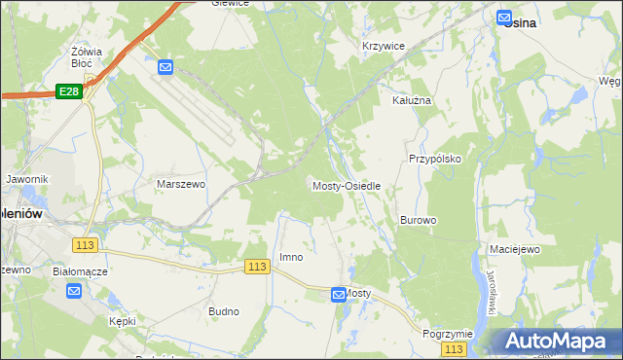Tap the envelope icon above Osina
(x=504, y=16)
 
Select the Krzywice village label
(x=383, y=46)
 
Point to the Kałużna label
(x=410, y=100)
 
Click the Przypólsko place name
(x=433, y=158)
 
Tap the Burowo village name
(x=418, y=220)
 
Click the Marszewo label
(x=179, y=183)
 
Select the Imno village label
(x=291, y=257)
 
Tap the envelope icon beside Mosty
(x=337, y=293)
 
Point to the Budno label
(x=224, y=311)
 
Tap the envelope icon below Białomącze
(x=74, y=291)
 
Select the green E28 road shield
(x=68, y=91)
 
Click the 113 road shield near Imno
(x=257, y=267)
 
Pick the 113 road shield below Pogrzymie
(x=453, y=348)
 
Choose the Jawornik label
(x=26, y=180)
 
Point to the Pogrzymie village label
(x=448, y=333)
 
